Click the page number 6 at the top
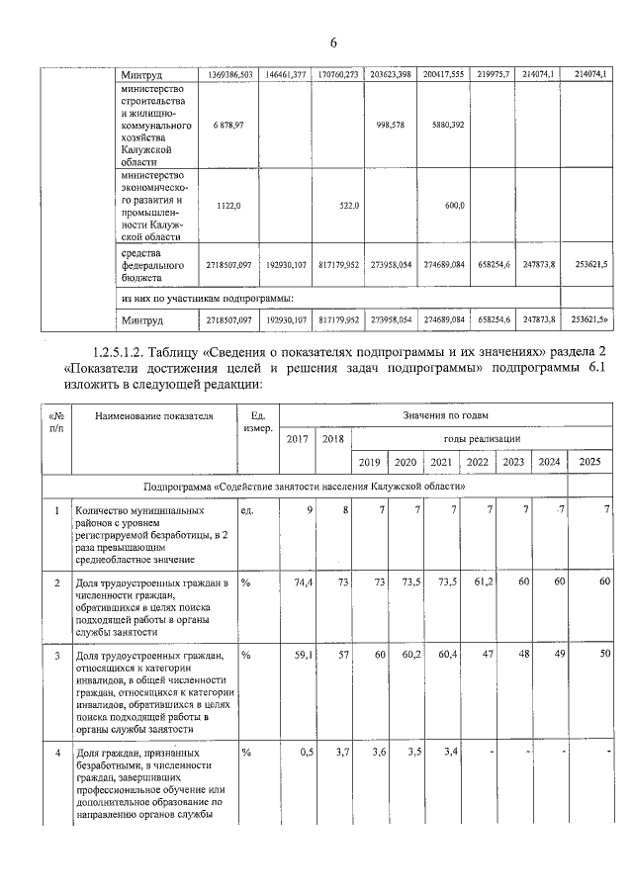coord(333,42)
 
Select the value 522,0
coord(349,205)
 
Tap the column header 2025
coord(588,462)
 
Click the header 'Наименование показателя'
coord(154,416)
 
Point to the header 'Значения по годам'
coord(445,415)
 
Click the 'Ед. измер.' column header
coord(257,422)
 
